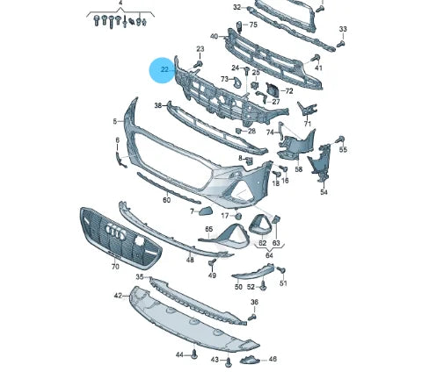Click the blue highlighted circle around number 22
(x=162, y=70)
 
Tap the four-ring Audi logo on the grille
(x=115, y=232)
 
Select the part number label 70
(x=115, y=267)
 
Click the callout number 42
(x=118, y=296)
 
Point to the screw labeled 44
(x=194, y=354)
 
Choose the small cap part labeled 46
(x=249, y=360)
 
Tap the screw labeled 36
(x=252, y=317)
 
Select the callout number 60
(x=166, y=200)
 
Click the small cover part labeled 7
(x=206, y=211)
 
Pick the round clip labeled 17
(x=238, y=216)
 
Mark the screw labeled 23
(x=199, y=64)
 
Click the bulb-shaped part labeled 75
(x=238, y=27)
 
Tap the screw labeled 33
(x=341, y=44)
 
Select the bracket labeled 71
(x=307, y=110)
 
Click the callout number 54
(x=324, y=192)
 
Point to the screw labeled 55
(x=340, y=139)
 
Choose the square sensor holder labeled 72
(x=273, y=89)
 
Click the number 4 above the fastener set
(x=120, y=4)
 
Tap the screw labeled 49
(x=212, y=262)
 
